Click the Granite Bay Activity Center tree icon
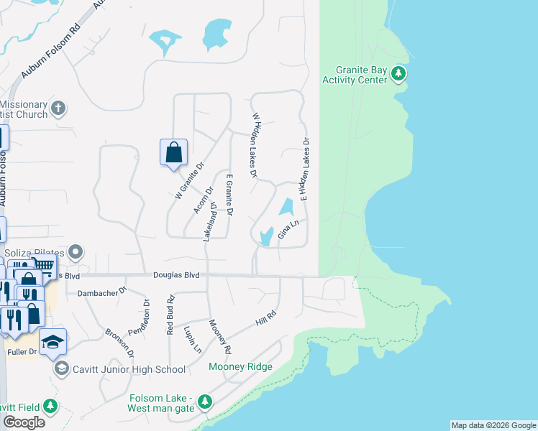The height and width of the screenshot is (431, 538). (x=398, y=74)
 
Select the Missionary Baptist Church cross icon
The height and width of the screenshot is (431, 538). (x=58, y=109)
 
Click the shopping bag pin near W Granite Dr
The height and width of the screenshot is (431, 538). (x=173, y=153)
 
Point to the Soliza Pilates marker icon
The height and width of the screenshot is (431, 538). (x=77, y=253)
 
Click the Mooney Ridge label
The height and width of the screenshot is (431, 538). (x=240, y=367)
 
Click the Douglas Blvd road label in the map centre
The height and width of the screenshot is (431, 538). (x=175, y=274)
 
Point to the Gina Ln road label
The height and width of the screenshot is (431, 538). (x=288, y=231)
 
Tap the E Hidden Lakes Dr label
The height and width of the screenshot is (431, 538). (x=304, y=170)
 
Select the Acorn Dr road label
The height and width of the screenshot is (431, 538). (x=204, y=200)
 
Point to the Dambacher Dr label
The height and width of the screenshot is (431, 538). (x=101, y=292)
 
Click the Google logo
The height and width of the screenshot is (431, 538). (x=24, y=422)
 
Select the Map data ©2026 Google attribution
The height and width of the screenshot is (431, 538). (x=493, y=425)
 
